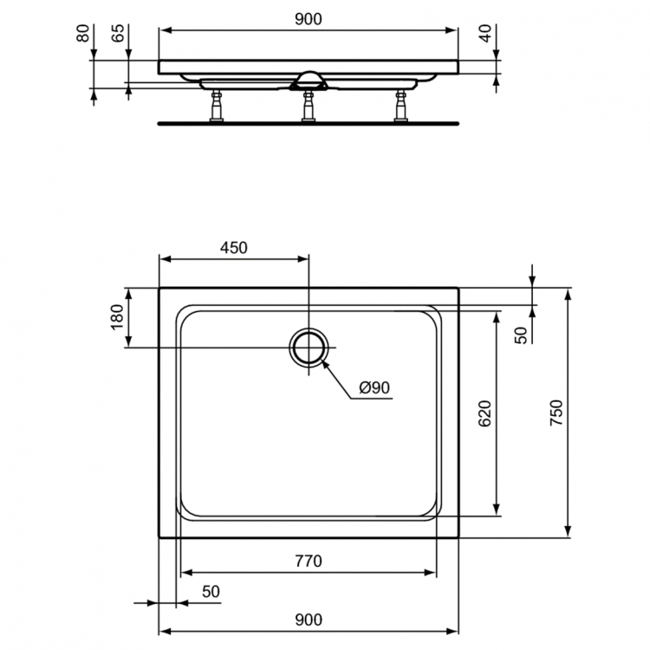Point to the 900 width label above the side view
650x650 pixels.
pyautogui.click(x=308, y=19)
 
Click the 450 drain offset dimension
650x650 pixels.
pyautogui.click(x=233, y=248)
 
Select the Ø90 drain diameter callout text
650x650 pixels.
pyautogui.click(x=374, y=388)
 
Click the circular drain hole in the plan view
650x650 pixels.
pyautogui.click(x=309, y=348)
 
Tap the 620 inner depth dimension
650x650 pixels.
pyautogui.click(x=485, y=413)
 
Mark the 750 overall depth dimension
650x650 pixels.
pyautogui.click(x=556, y=413)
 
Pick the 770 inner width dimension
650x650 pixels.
pyautogui.click(x=308, y=562)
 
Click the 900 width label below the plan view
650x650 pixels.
pyautogui.click(x=308, y=619)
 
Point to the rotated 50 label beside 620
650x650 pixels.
pyautogui.click(x=521, y=335)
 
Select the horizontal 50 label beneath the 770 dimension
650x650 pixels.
pyautogui.click(x=211, y=592)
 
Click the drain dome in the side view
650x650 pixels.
pyautogui.click(x=309, y=79)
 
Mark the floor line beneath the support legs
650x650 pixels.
pyautogui.click(x=308, y=122)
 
